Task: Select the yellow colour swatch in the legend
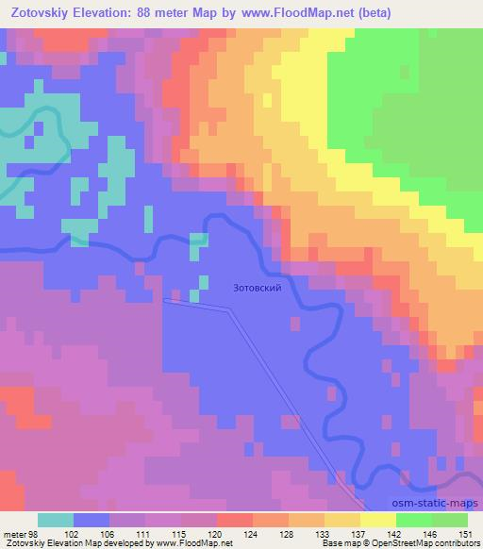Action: [x=378, y=520]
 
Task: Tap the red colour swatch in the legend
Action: [x=235, y=520]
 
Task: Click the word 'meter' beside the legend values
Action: [x=14, y=533]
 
